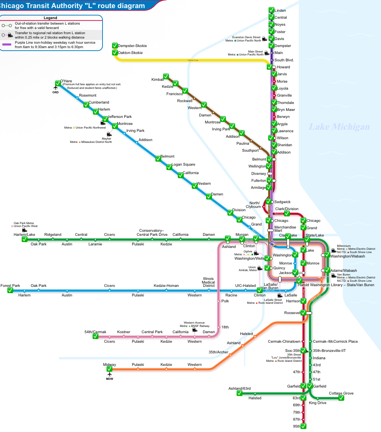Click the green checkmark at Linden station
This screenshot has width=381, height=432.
point(272,10)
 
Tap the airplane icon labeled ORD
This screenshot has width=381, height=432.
point(56,88)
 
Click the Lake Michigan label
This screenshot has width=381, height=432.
point(339,127)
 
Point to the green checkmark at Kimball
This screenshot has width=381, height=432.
point(166,77)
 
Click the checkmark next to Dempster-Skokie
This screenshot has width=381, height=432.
point(115,46)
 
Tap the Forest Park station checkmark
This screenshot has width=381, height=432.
point(10,290)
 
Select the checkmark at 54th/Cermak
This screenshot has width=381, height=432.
point(96,336)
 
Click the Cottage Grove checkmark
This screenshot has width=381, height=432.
point(341,398)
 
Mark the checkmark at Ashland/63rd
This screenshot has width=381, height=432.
point(240,393)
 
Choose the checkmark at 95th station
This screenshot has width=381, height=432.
point(303,426)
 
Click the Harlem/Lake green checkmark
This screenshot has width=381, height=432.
point(25,239)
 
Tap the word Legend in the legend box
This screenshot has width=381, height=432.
point(50,18)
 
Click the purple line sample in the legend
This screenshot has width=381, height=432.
point(7,45)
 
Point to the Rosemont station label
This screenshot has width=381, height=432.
point(87,96)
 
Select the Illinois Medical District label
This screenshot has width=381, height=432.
point(208,282)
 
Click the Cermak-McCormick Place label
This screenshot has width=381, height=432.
point(335,342)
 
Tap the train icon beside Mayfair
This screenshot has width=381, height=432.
point(109,134)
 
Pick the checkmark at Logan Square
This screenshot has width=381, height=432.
point(169,167)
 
